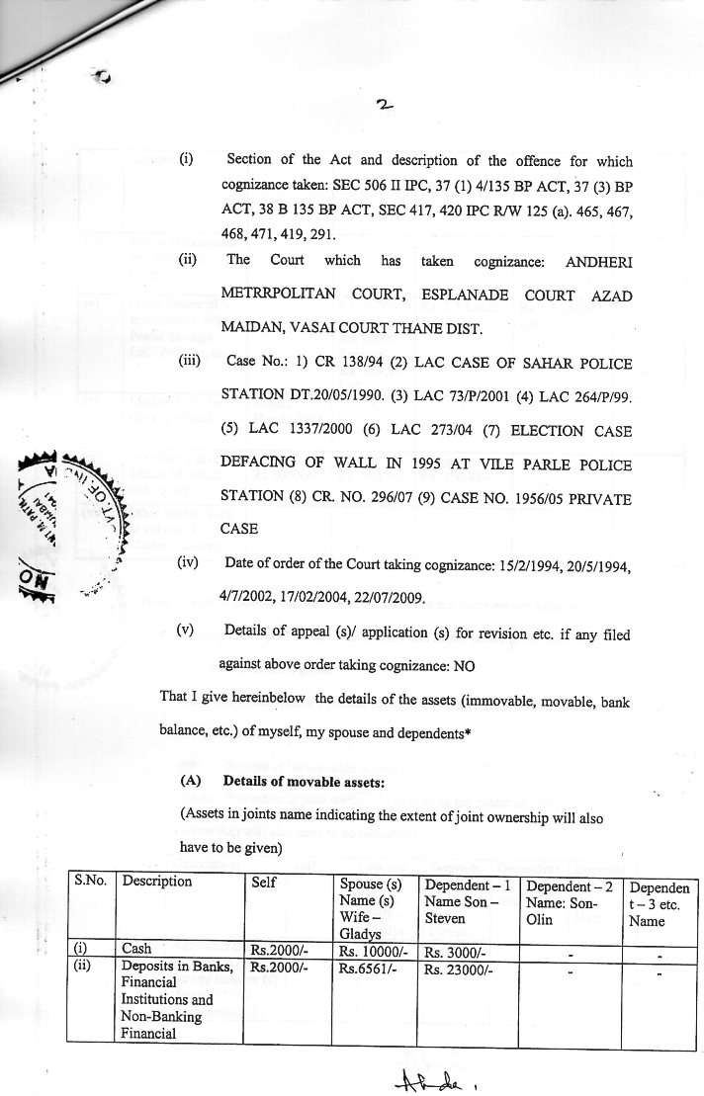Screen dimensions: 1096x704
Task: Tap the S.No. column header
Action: pos(91,882)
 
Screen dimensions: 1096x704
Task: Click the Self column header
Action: pos(264,882)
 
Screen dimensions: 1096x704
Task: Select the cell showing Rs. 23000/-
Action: pos(454,970)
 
